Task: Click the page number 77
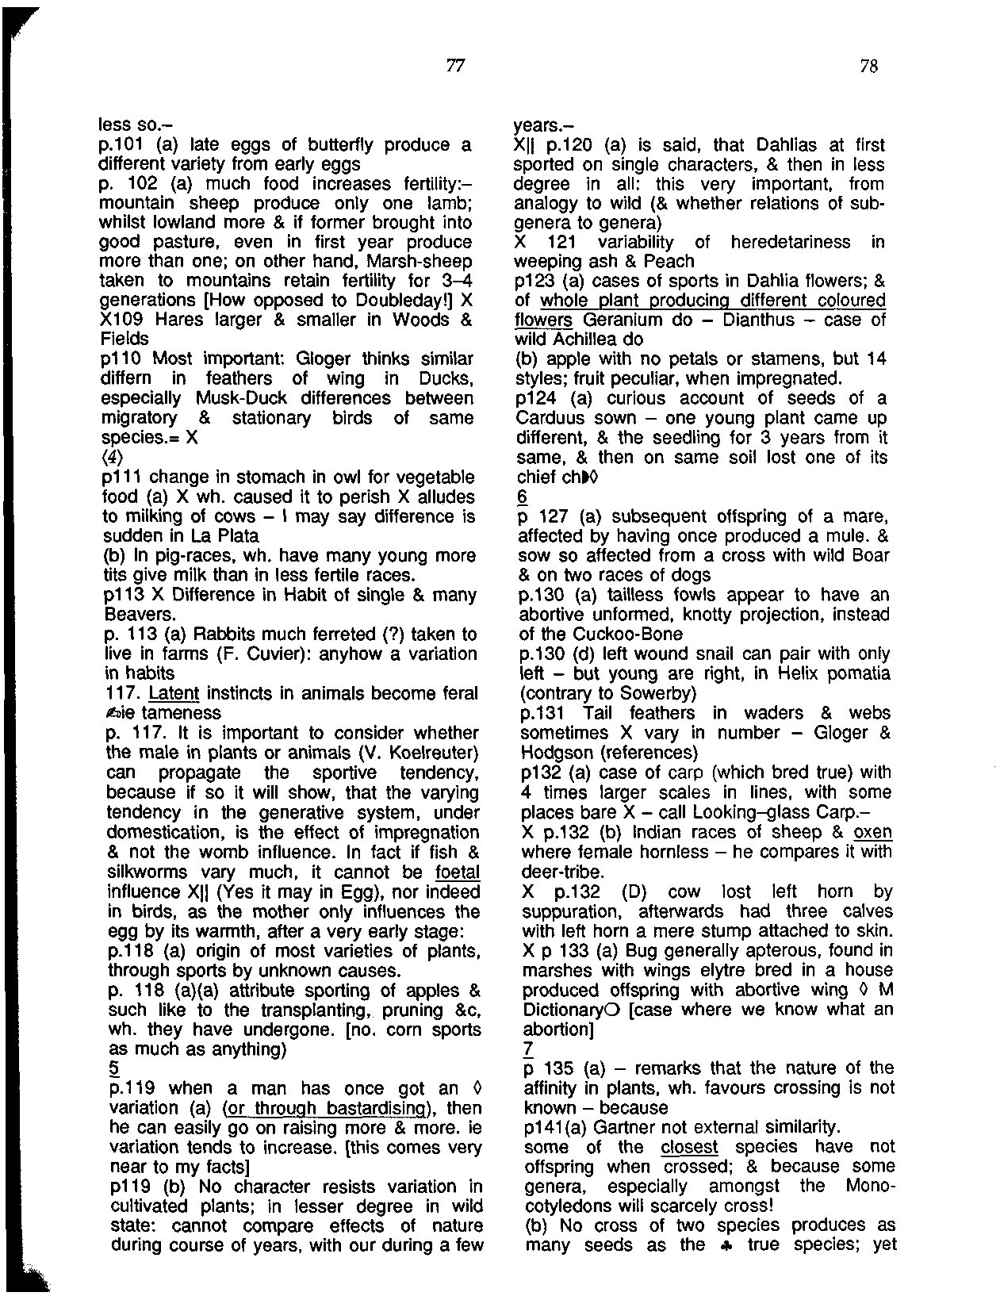454,67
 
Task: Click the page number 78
869,67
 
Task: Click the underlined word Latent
174,693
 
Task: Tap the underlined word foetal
454,871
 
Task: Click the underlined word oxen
873,832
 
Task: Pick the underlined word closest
688,1147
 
